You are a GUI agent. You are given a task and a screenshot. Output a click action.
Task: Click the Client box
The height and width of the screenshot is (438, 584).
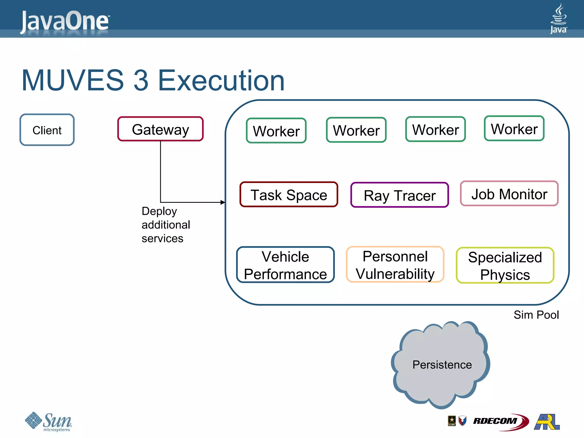47,130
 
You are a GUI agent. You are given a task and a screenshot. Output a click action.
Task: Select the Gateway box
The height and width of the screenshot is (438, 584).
160,129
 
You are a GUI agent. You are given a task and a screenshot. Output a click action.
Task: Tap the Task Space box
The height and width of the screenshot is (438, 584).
289,195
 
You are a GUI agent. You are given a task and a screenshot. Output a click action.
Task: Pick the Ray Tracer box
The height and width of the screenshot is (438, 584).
400,195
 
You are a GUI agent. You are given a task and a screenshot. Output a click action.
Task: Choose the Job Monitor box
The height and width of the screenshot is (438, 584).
509,194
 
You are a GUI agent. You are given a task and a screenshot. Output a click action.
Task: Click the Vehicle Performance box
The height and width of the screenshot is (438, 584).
285,265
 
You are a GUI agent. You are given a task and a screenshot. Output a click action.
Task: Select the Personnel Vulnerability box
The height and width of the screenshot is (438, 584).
395,265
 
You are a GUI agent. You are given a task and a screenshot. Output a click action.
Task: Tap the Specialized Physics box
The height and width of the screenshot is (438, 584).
505,265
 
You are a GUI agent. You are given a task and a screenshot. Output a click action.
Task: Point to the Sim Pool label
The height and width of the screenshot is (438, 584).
536,315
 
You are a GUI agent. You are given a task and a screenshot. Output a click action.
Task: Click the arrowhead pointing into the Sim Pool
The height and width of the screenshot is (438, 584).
223,202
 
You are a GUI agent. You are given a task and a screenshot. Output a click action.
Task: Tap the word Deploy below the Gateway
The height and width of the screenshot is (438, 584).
159,211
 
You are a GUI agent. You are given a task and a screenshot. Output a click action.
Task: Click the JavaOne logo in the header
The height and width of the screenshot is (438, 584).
65,21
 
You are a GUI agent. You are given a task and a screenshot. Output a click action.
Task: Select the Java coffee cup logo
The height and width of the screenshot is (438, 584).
558,19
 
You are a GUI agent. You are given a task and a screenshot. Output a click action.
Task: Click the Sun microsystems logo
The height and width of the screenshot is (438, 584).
48,421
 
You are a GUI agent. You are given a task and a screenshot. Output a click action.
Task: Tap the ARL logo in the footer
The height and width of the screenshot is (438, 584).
547,421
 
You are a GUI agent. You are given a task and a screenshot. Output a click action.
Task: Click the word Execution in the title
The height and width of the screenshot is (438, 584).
221,81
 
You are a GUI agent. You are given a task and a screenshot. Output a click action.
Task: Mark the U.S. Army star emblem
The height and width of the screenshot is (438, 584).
452,421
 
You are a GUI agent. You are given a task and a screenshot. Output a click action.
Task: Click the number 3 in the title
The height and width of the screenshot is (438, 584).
141,81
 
